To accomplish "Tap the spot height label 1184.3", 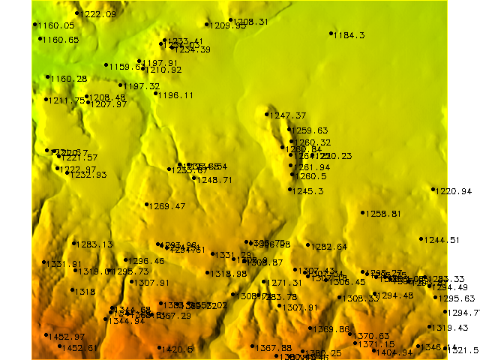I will pyautogui.click(x=349, y=35).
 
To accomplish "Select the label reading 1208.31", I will pyautogui.click(x=251, y=22).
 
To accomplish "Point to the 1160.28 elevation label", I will pyautogui.click(x=68, y=79).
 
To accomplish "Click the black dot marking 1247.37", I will pyautogui.click(x=267, y=114).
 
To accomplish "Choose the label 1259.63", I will pyautogui.click(x=308, y=130).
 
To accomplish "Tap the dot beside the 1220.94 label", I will pyautogui.click(x=433, y=189).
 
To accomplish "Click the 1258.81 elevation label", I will pyautogui.click(x=382, y=214).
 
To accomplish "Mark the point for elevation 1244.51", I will pyautogui.click(x=421, y=239).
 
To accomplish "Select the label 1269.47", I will pyautogui.click(x=166, y=205).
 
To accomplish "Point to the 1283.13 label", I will pyautogui.click(x=94, y=244).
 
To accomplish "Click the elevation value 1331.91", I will pyautogui.click(x=64, y=264).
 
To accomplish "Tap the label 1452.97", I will pyautogui.click(x=66, y=337).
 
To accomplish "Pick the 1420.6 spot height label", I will pyautogui.click(x=178, y=349).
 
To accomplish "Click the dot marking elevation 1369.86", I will pyautogui.click(x=311, y=328).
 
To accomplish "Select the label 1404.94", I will pyautogui.click(x=394, y=352).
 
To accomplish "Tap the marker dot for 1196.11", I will pyautogui.click(x=156, y=94).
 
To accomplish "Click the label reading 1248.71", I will pyautogui.click(x=214, y=180).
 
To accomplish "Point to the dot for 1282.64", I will pyautogui.click(x=308, y=245).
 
